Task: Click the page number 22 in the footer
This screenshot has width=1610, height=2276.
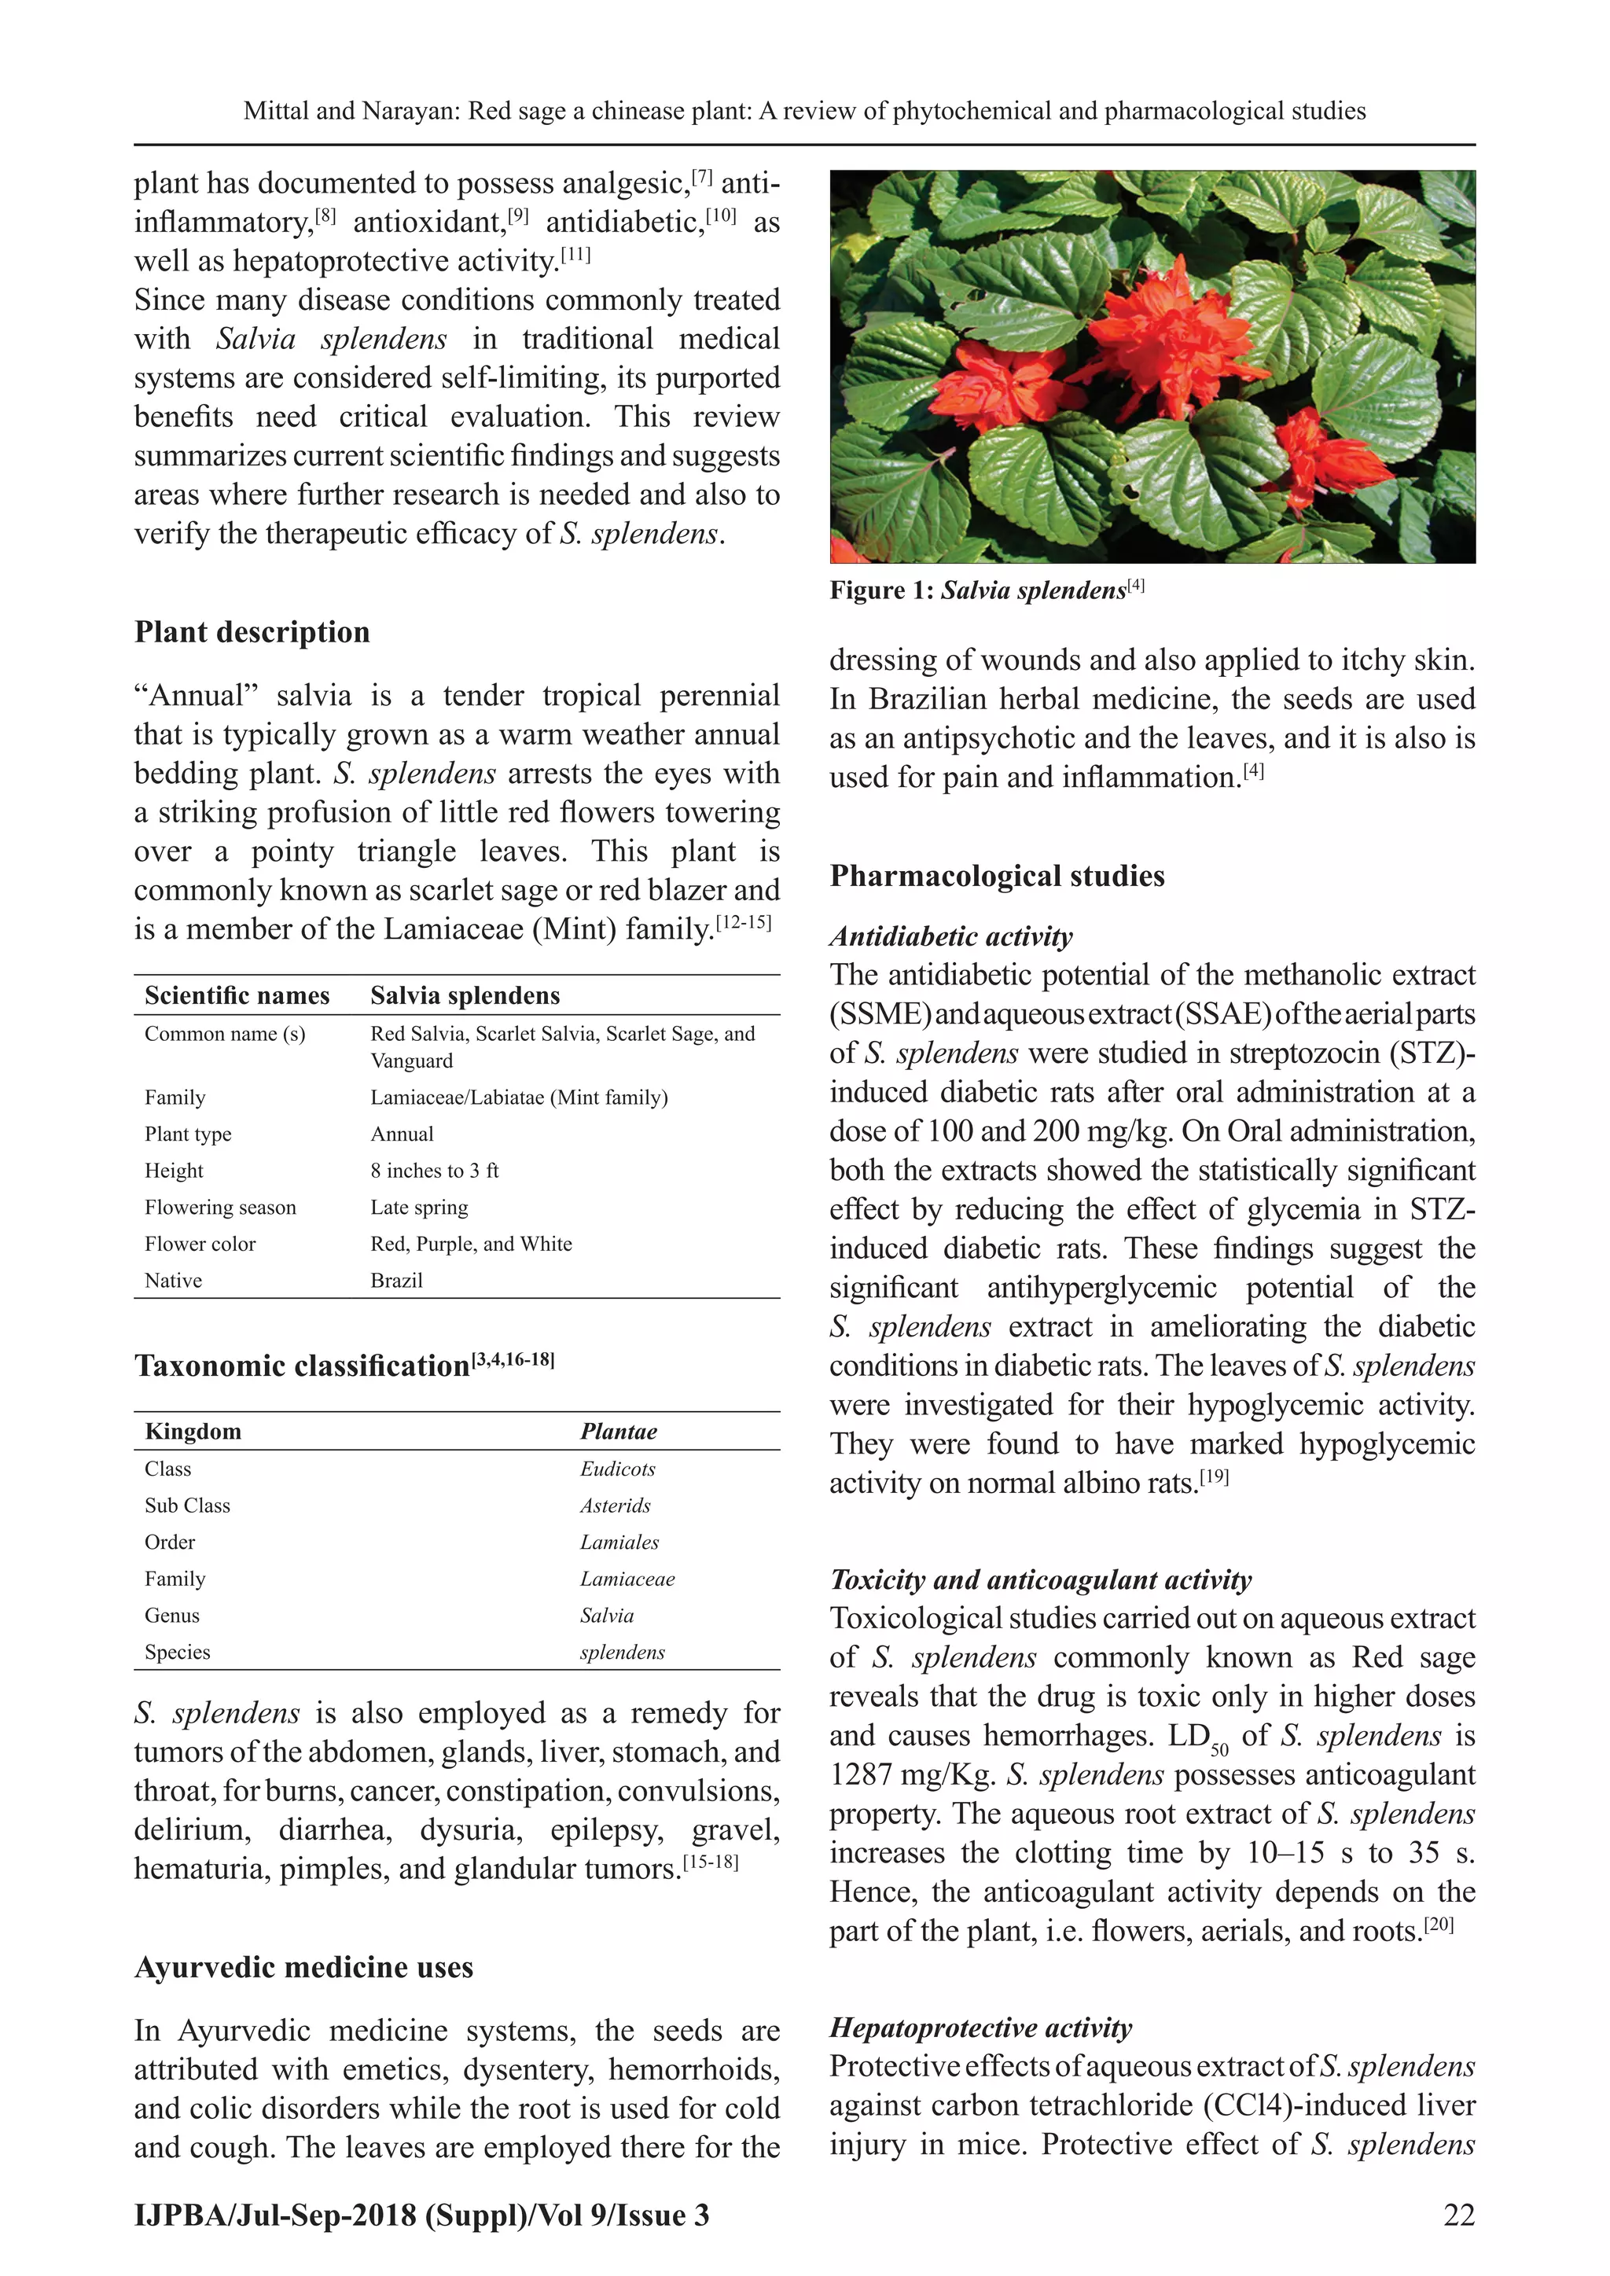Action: (1458, 2215)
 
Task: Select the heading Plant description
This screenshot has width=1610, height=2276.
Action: (252, 632)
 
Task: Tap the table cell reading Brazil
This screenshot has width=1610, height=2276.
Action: (396, 1280)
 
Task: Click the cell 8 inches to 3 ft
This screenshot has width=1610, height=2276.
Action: (434, 1171)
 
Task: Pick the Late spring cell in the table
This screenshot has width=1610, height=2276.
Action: (419, 1208)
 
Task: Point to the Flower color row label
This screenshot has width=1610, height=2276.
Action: (200, 1244)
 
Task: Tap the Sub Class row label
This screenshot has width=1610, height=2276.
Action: (187, 1506)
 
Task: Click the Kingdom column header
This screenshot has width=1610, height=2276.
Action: (193, 1432)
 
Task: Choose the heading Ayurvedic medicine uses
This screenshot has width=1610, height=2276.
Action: (303, 1968)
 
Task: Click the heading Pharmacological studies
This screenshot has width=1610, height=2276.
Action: (996, 877)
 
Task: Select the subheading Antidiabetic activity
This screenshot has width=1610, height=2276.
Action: (950, 937)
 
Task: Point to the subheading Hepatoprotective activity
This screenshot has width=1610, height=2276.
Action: (980, 2028)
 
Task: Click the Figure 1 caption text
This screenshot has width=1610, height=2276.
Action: (987, 590)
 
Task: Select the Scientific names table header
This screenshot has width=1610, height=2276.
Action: (237, 995)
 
